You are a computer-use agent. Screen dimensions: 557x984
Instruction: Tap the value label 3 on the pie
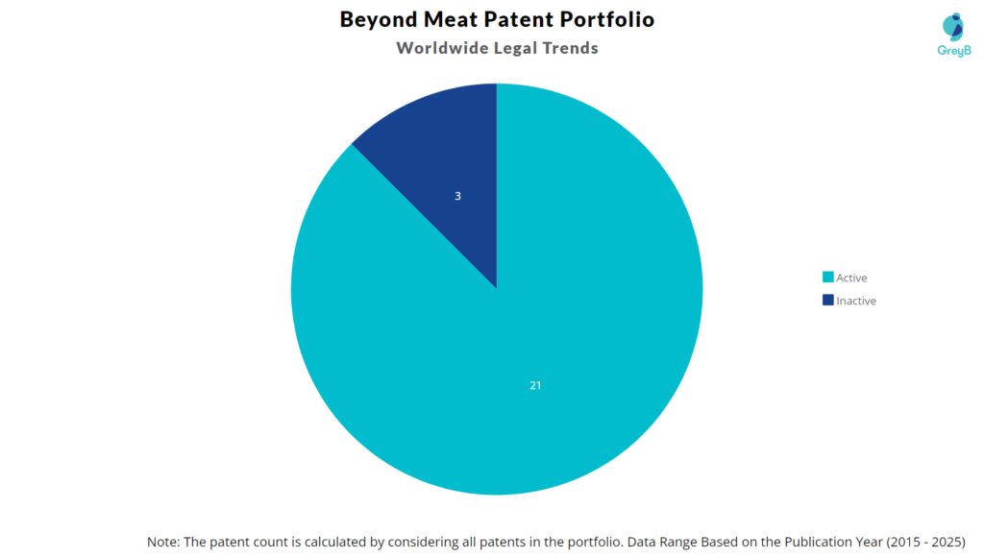point(457,196)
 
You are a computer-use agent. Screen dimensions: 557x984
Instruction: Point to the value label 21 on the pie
point(535,385)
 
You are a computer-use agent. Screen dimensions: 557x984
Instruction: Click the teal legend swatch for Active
point(827,278)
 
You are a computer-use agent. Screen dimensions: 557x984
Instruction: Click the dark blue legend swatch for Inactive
point(827,301)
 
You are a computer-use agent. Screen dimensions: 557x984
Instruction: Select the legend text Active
point(851,278)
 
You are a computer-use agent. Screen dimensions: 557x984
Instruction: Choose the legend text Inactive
point(856,301)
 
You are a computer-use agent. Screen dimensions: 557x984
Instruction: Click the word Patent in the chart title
point(529,19)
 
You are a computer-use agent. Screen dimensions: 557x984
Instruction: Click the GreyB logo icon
point(953,26)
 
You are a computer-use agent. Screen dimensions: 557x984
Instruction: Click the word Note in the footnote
point(163,541)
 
